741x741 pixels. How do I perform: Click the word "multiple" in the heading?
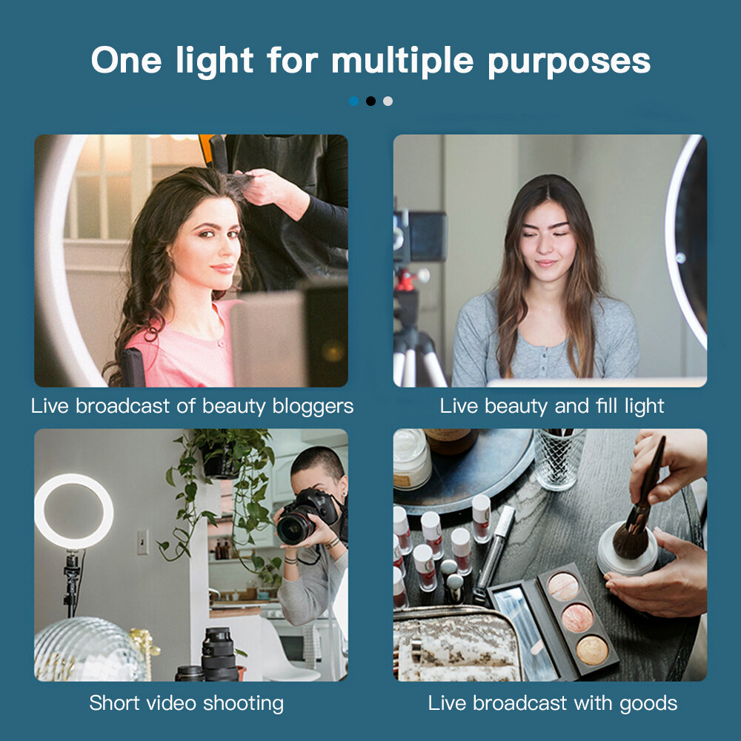pos(402,62)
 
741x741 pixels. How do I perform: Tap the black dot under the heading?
pos(371,101)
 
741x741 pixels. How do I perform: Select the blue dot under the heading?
pos(354,101)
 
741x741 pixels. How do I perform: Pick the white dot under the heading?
pos(388,101)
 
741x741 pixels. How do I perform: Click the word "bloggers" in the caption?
pos(313,406)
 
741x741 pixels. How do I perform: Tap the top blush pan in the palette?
pos(563,587)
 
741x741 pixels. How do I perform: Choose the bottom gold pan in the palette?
pos(591,651)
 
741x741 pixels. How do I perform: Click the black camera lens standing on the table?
pos(219,654)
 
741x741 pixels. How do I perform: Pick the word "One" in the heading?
pos(126,60)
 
